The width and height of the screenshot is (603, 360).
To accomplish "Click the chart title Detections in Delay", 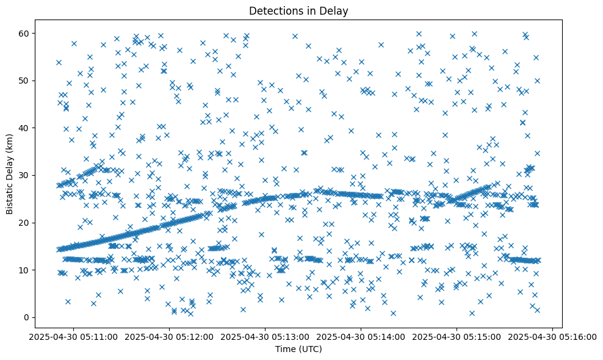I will (x=298, y=10).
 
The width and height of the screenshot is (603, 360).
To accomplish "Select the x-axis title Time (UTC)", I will (x=298, y=350).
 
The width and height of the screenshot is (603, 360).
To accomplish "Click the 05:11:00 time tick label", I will (x=73, y=337).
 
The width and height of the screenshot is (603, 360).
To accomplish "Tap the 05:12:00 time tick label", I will (x=169, y=337).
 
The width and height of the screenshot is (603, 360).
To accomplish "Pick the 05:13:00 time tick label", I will (x=265, y=337).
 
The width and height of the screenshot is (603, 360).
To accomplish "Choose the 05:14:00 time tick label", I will (x=361, y=337).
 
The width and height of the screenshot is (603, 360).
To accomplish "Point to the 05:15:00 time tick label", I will (x=457, y=337).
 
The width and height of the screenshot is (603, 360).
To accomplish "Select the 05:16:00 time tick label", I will (x=552, y=337).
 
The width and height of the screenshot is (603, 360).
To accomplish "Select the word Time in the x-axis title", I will (x=285, y=350).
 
